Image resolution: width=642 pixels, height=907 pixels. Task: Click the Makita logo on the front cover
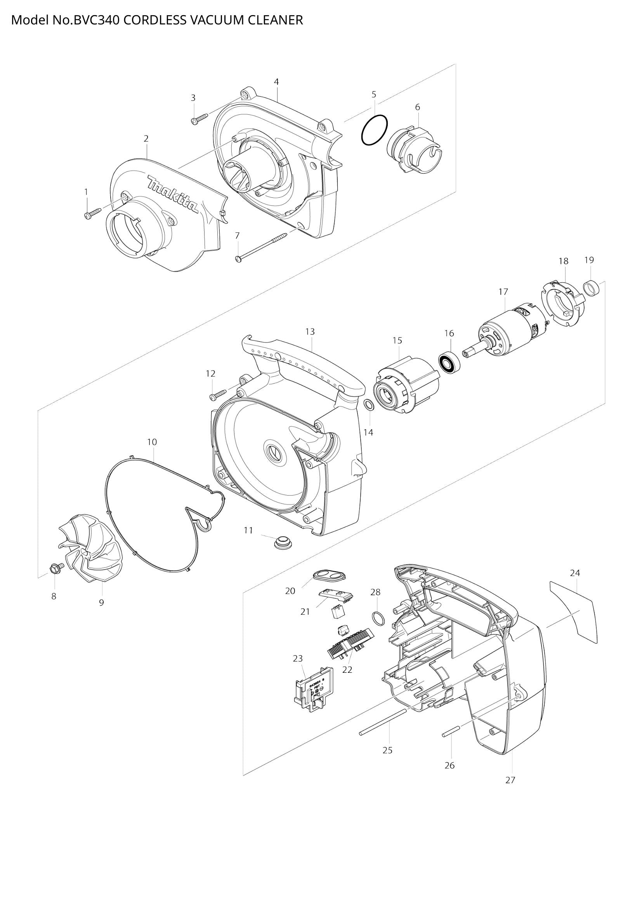pos(173,195)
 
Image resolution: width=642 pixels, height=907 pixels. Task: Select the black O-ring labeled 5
pos(374,130)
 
